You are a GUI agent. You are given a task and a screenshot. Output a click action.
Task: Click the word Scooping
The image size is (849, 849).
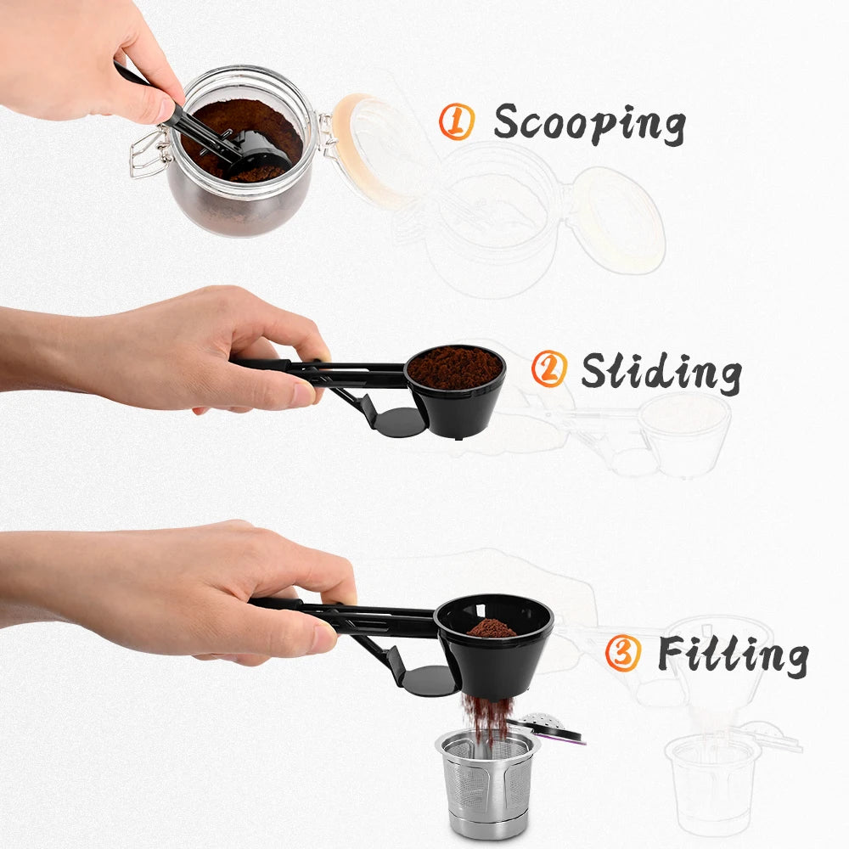pyautogui.click(x=589, y=124)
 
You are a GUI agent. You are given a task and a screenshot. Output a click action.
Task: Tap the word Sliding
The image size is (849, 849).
pyautogui.click(x=661, y=371)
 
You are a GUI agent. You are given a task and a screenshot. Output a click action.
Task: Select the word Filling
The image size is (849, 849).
pyautogui.click(x=732, y=654)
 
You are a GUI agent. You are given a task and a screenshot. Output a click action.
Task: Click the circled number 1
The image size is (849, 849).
pyautogui.click(x=456, y=122)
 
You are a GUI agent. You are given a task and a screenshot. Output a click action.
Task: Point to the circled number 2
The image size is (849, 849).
pyautogui.click(x=548, y=370)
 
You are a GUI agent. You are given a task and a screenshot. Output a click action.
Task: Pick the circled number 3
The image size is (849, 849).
pyautogui.click(x=623, y=654)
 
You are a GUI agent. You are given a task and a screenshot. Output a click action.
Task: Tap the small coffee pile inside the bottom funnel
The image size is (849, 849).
pyautogui.click(x=492, y=628)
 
